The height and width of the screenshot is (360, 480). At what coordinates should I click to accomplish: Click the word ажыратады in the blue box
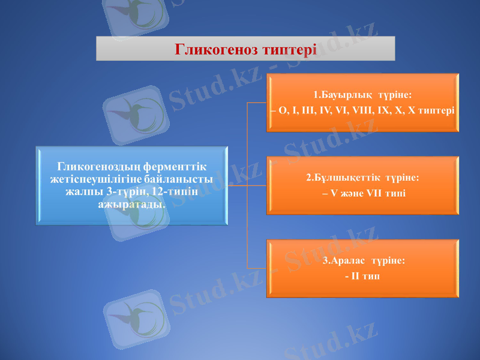(x=131, y=204)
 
